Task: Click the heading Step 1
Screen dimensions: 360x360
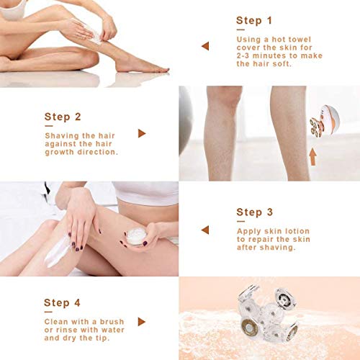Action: (254, 20)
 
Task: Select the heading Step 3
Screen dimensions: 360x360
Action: (254, 212)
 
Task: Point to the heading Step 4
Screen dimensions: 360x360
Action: (63, 302)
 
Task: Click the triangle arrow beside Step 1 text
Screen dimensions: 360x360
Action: (205, 46)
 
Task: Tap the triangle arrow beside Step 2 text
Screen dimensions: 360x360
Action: (142, 133)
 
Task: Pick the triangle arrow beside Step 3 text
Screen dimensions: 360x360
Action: (205, 230)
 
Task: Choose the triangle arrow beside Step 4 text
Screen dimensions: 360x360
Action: (142, 321)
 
